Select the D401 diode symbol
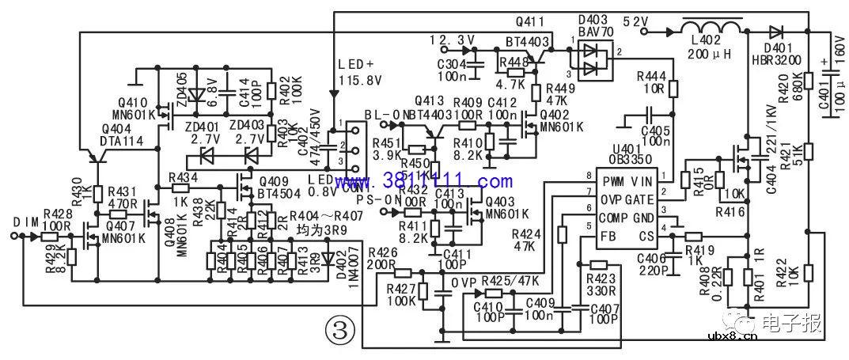coord(775,32)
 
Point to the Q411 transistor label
coord(530,20)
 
